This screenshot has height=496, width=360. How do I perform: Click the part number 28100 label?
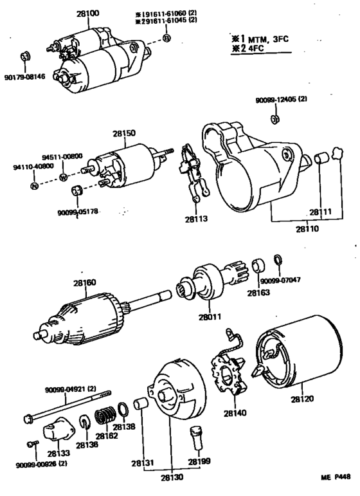coord(87,14)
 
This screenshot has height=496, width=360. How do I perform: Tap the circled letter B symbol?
coord(166,38)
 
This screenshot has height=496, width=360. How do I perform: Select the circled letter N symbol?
coord(34,186)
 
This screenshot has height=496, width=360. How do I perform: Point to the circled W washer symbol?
coord(64,178)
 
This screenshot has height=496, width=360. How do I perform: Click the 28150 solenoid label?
coord(124,133)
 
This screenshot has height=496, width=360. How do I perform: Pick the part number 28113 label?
coord(196,219)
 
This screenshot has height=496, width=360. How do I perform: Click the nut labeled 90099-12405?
coord(275,119)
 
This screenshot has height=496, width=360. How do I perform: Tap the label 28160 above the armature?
coord(85,282)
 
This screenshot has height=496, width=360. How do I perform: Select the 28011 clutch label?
coord(210,317)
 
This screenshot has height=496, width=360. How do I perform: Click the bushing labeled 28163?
coord(259,265)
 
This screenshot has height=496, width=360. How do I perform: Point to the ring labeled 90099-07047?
coord(278,259)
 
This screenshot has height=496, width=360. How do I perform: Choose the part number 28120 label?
coord(303,399)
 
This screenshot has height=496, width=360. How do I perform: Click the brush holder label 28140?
coord(235,413)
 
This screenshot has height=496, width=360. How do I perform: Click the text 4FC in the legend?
coord(256,49)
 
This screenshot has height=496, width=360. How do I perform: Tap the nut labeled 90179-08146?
coord(25,57)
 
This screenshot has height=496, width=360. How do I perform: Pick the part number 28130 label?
coord(172,477)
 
